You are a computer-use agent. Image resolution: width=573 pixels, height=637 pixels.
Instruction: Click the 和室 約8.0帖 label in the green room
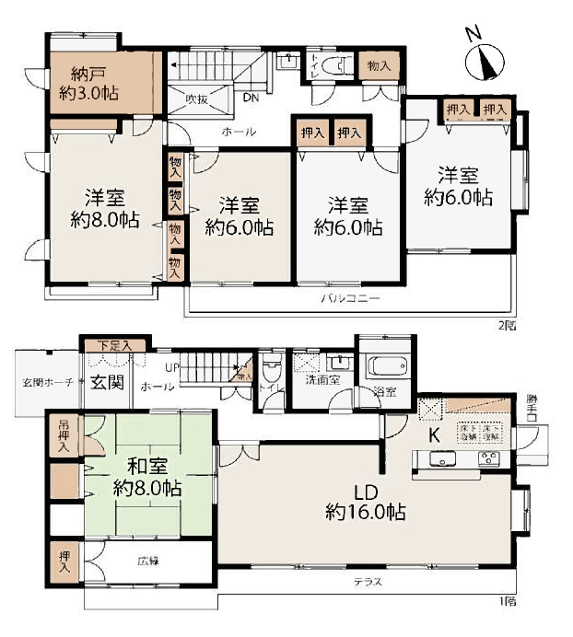point(146,476)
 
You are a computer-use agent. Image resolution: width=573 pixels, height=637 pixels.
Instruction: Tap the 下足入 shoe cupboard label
point(115,345)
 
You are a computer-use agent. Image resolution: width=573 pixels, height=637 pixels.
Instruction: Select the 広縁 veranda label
point(149,560)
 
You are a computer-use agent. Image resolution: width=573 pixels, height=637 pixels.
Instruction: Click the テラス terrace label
point(367,584)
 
